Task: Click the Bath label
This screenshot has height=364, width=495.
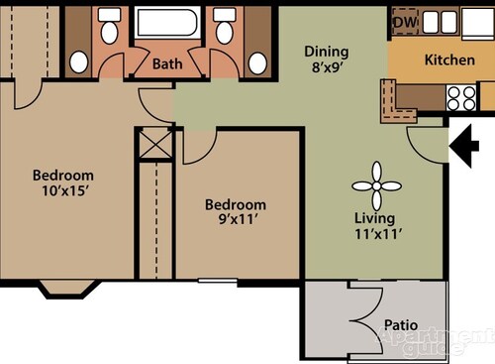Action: coord(165,64)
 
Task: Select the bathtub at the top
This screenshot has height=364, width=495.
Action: coord(165,27)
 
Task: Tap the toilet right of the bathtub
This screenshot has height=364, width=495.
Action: coord(225,22)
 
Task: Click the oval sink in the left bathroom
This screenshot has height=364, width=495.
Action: coord(78,62)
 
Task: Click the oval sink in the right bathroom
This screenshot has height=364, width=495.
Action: coord(257,62)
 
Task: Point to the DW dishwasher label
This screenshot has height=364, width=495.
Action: coord(404,22)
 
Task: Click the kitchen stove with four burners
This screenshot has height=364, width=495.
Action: coord(461,96)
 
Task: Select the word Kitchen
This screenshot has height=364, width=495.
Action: coord(449,60)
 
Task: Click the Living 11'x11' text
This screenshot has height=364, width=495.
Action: coord(375,226)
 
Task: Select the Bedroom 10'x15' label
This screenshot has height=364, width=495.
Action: coord(61,182)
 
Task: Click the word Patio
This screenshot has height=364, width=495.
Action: coord(399,324)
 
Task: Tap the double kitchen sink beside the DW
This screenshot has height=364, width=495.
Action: coord(438,22)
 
